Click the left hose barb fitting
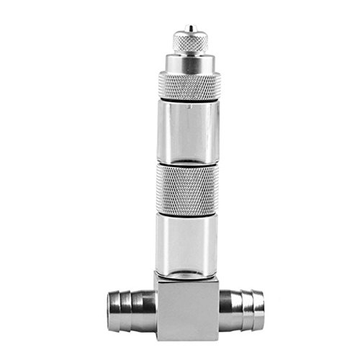click(x=130, y=302)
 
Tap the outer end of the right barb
click(x=265, y=302)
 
